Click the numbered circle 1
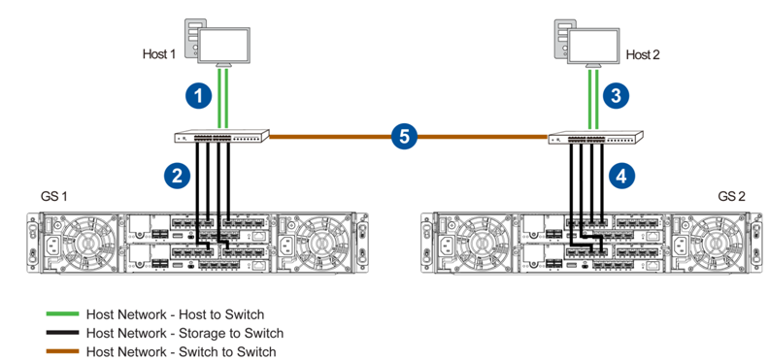tap(198, 96)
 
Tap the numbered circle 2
tap(177, 176)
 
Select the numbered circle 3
tap(616, 96)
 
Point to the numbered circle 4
tap(620, 176)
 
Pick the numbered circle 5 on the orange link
tap(404, 136)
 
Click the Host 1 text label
tap(159, 54)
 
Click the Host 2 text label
tap(643, 54)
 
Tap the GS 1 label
tap(53, 196)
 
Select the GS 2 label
tap(732, 196)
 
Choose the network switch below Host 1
tap(222, 136)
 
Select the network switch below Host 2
tap(595, 137)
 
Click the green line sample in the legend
tap(62, 314)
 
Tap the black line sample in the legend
tap(62, 333)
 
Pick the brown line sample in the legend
tap(62, 351)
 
